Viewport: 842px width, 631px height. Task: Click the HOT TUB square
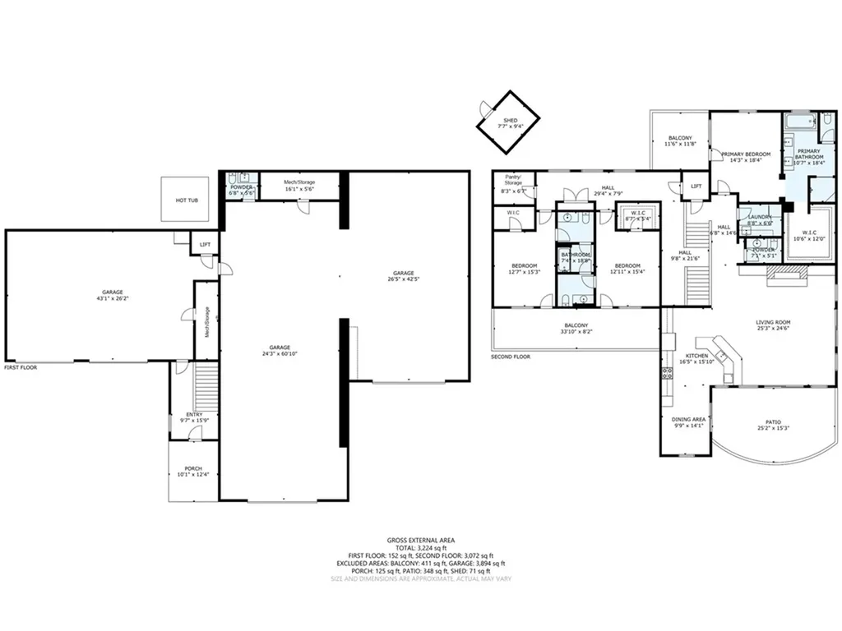pyautogui.click(x=184, y=200)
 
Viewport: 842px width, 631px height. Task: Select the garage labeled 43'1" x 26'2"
pyautogui.click(x=113, y=295)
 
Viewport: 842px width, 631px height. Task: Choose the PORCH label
pyautogui.click(x=193, y=472)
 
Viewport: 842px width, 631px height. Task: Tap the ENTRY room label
pyautogui.click(x=194, y=417)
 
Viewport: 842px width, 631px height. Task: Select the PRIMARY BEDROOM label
pyautogui.click(x=746, y=157)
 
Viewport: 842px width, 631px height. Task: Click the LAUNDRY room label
pyautogui.click(x=759, y=219)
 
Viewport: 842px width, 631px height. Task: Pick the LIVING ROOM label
pyautogui.click(x=774, y=325)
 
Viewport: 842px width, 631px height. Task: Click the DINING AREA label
pyautogui.click(x=689, y=421)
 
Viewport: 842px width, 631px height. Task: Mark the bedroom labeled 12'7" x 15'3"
pyautogui.click(x=525, y=269)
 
